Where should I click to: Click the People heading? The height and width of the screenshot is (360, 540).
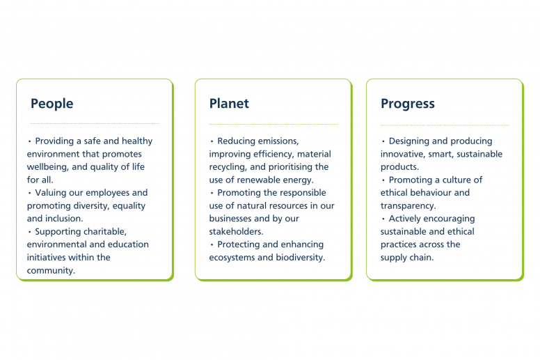coord(52,104)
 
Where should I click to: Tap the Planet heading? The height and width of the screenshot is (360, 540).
coord(229,103)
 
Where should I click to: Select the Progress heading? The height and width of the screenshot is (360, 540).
coord(408,104)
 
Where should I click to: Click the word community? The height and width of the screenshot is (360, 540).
coord(51,271)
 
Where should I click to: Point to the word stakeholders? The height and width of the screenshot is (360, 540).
coord(236,232)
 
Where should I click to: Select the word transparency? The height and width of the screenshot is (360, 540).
coord(408,206)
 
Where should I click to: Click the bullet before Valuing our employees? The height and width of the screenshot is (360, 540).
coord(30,193)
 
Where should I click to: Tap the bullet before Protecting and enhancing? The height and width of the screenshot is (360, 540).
coord(212,244)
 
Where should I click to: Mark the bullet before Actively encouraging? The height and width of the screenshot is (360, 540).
coord(383,219)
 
